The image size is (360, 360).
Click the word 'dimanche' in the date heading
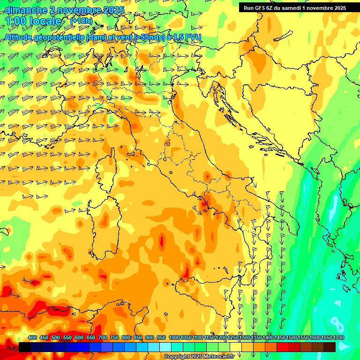tap(26, 9)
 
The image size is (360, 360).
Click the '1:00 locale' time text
tap(34, 22)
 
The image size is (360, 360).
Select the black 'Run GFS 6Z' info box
tap(293, 7)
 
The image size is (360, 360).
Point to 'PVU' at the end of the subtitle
tap(194, 37)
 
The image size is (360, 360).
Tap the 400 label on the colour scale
tap(32, 337)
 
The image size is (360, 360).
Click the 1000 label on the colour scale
tap(174, 337)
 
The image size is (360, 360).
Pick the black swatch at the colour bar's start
tap(25, 347)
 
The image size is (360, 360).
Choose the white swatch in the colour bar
tap(165, 347)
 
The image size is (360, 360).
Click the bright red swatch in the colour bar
tap(283, 347)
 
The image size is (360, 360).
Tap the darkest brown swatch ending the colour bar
tap(330, 347)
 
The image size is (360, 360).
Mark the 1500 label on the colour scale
tap(292, 337)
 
